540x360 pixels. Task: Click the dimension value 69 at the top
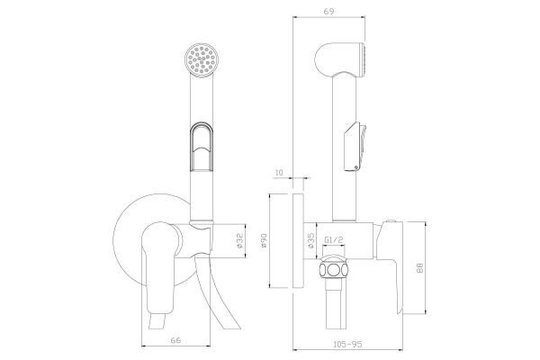click(329, 11)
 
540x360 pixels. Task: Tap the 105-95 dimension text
click(347, 344)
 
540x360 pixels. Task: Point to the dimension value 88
click(419, 268)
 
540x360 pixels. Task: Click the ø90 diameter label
click(264, 241)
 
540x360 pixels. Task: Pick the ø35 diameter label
click(310, 240)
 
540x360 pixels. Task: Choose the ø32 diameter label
click(240, 240)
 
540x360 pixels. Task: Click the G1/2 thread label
click(334, 240)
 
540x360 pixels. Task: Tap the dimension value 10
click(279, 173)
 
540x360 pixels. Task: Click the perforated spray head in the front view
click(202, 60)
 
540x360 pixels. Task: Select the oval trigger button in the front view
click(202, 147)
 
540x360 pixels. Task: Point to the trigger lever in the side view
click(356, 147)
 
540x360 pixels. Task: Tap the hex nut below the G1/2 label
click(333, 267)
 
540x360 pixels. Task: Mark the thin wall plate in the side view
click(298, 240)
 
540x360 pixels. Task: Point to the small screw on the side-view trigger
click(355, 167)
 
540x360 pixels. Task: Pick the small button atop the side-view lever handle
click(391, 220)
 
